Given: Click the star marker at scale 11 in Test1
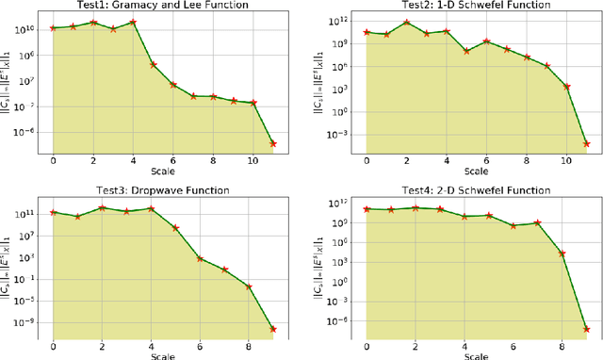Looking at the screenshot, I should (x=273, y=143).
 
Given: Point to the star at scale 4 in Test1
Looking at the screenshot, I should (x=133, y=21).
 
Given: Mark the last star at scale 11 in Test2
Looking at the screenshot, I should (x=586, y=143).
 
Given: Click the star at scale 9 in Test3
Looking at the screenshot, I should (x=273, y=329).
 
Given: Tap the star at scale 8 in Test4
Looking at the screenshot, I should (x=562, y=254).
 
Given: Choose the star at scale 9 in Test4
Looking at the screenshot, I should (x=586, y=329).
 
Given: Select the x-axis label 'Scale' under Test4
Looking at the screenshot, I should (x=476, y=355).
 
